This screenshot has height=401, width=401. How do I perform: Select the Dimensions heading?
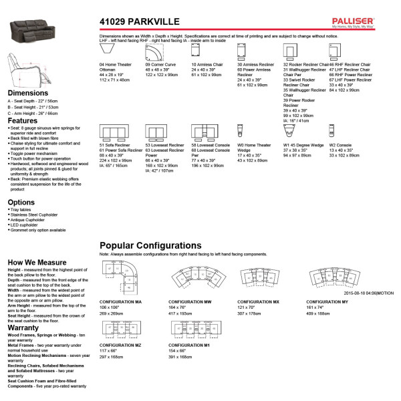pyautogui.click(x=27, y=94)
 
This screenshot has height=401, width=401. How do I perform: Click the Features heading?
pyautogui.click(x=23, y=121)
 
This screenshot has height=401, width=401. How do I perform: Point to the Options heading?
pyautogui.click(x=21, y=202)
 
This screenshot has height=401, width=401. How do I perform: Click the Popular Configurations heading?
pyautogui.click(x=150, y=245)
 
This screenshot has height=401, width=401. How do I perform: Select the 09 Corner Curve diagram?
pyautogui.click(x=156, y=51)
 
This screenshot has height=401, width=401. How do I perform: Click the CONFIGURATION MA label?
pyautogui.click(x=120, y=301)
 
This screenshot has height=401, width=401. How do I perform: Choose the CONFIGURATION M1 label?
pyautogui.click(x=194, y=346)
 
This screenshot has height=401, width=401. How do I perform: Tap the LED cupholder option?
pyautogui.click(x=24, y=225)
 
